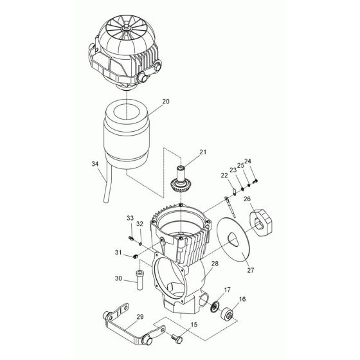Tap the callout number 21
pyautogui.click(x=185, y=152)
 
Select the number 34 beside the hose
pyautogui.click(x=95, y=165)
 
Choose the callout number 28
pyautogui.click(x=214, y=264)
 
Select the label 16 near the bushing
pyautogui.click(x=242, y=300)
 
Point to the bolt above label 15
pyautogui.click(x=179, y=336)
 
